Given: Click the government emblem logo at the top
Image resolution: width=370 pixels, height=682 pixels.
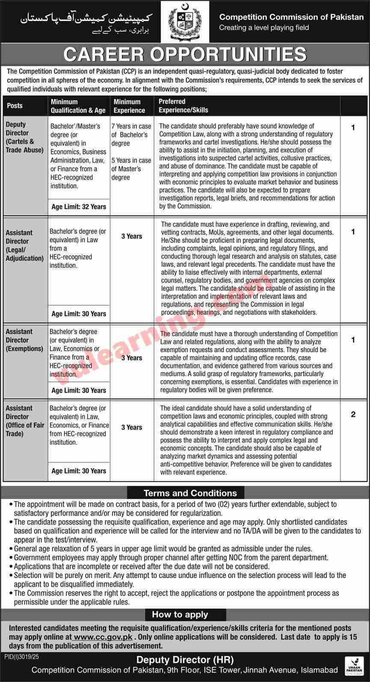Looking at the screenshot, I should (x=185, y=22).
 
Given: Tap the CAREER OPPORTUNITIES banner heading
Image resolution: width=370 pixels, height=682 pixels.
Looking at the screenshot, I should (x=185, y=55).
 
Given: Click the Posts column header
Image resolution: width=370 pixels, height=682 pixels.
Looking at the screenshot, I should (x=15, y=106).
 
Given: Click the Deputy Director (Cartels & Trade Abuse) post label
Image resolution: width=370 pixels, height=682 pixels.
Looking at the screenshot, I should (x=24, y=137).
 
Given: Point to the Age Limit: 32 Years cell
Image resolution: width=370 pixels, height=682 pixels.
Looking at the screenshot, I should (x=79, y=207).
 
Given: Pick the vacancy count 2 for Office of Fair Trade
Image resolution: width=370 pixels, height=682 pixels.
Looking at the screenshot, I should (x=353, y=414).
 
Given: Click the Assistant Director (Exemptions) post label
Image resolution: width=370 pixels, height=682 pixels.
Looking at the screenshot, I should (x=24, y=340).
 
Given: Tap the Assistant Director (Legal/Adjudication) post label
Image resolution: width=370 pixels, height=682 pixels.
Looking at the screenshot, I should (x=24, y=245).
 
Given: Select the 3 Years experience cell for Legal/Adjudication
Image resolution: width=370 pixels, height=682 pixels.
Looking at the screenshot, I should (x=132, y=236).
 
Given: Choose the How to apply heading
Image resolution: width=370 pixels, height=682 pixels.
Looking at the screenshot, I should (x=180, y=614).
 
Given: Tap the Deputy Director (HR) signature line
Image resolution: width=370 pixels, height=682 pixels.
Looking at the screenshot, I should (x=184, y=660).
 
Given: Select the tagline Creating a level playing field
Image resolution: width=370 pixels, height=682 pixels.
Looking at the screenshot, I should (x=263, y=28).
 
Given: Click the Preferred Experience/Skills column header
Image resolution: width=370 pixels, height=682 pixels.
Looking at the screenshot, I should (x=183, y=106).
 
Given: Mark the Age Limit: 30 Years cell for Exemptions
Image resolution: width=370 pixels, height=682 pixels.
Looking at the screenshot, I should (x=79, y=390).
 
